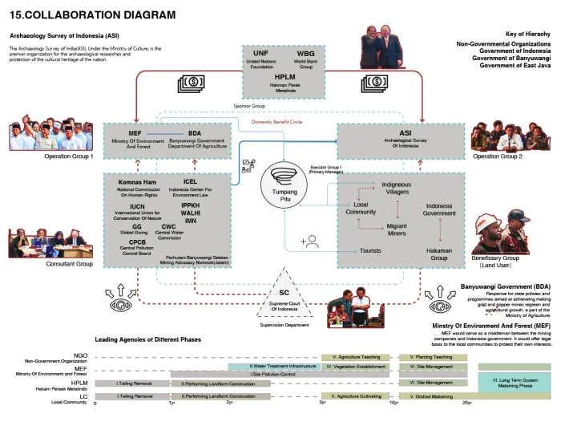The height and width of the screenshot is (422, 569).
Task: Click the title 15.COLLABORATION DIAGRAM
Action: (x=92, y=15)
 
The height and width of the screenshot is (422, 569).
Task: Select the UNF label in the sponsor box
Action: (x=260, y=53)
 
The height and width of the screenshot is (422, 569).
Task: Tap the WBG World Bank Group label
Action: (x=305, y=53)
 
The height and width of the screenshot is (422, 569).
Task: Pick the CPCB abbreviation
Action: (x=137, y=242)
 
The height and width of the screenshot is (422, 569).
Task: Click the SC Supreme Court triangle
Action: (x=284, y=296)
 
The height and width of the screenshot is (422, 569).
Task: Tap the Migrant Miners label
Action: (x=397, y=229)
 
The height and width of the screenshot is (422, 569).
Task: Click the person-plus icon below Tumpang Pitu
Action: (x=309, y=240)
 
